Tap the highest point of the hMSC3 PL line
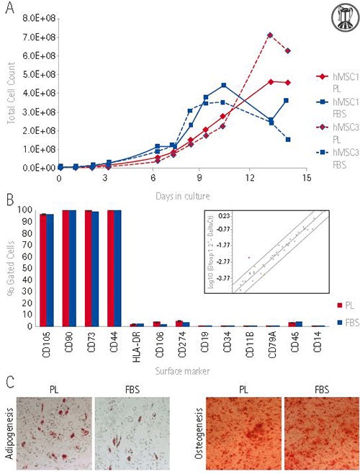point(270,35)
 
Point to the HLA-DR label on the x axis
point(136,346)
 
